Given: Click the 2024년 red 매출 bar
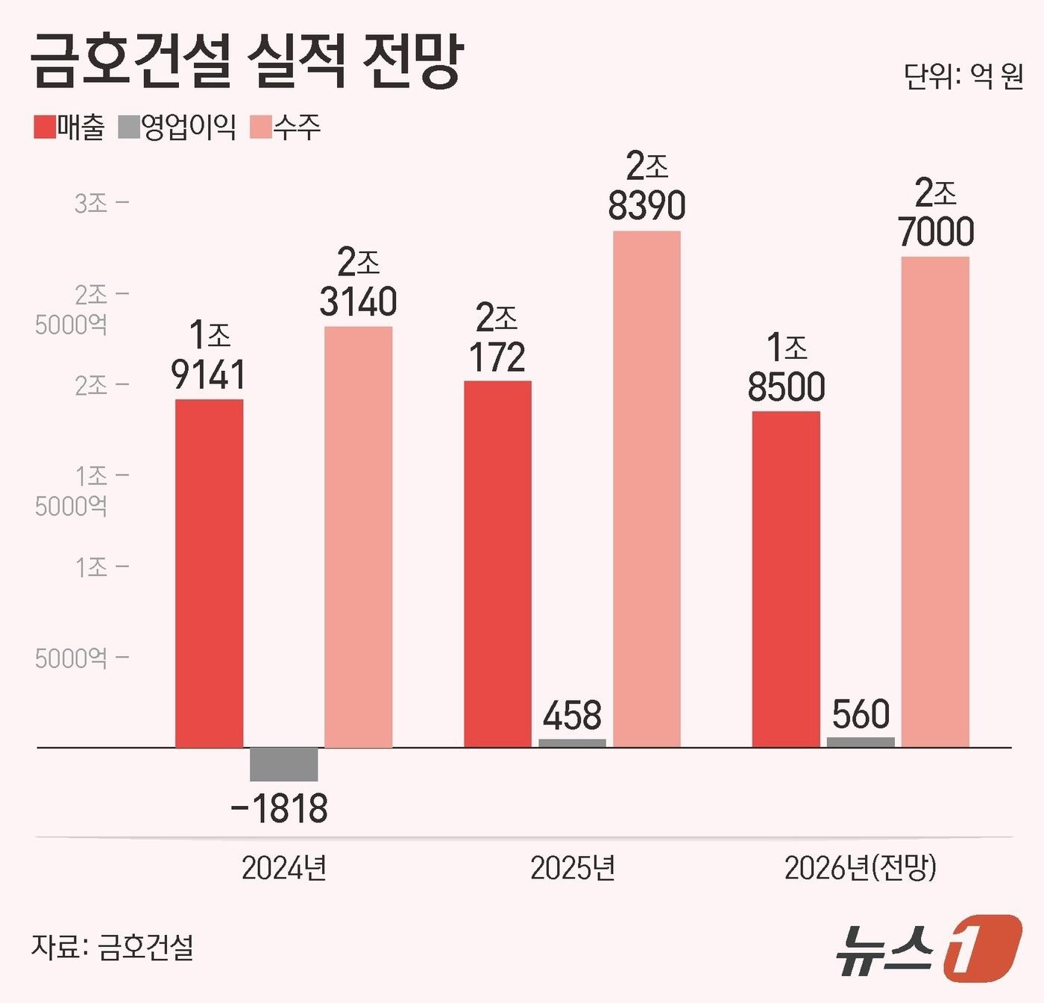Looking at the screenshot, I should [x=209, y=573].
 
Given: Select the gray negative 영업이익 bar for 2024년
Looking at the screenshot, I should [x=283, y=764].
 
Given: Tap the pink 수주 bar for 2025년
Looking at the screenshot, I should [x=647, y=489].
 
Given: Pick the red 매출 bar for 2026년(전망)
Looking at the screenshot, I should [x=786, y=578].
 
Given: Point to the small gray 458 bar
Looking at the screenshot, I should [x=572, y=743].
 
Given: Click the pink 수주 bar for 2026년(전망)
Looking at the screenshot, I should [x=935, y=501].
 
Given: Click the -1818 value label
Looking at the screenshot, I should [x=280, y=809].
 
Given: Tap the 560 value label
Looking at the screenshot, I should [x=861, y=714].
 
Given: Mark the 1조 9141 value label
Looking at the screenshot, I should [x=208, y=356].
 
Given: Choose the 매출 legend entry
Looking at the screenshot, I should [x=70, y=128].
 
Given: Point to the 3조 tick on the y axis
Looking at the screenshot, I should [x=91, y=203].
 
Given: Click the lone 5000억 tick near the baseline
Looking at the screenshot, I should [x=72, y=658].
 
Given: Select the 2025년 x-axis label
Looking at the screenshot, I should [x=573, y=868].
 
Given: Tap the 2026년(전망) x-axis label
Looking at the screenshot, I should [x=861, y=868].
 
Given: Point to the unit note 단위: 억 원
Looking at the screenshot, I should [x=963, y=76].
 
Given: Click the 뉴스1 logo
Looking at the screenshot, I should [x=928, y=948].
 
